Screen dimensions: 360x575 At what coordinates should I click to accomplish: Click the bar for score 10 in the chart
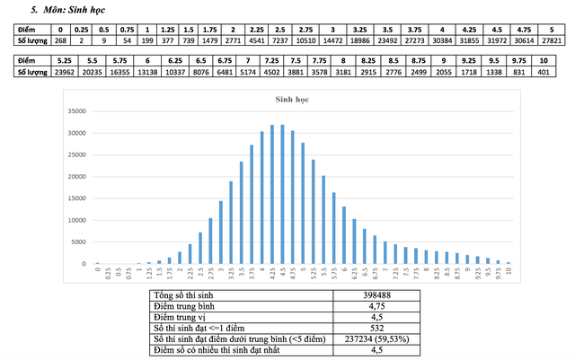509,263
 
